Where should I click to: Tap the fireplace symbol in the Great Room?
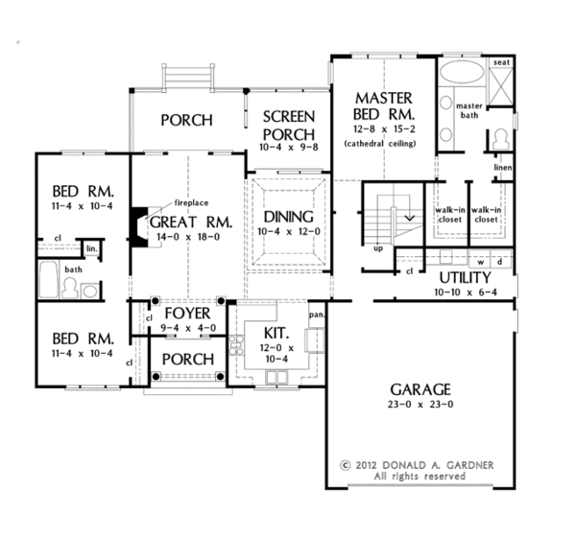click(139, 226)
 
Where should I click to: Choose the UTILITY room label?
click(467, 276)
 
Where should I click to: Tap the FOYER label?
click(186, 315)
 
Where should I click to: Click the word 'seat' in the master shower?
click(499, 63)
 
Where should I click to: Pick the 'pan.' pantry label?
click(314, 314)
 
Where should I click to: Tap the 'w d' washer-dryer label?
click(488, 260)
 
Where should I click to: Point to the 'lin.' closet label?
click(92, 248)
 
